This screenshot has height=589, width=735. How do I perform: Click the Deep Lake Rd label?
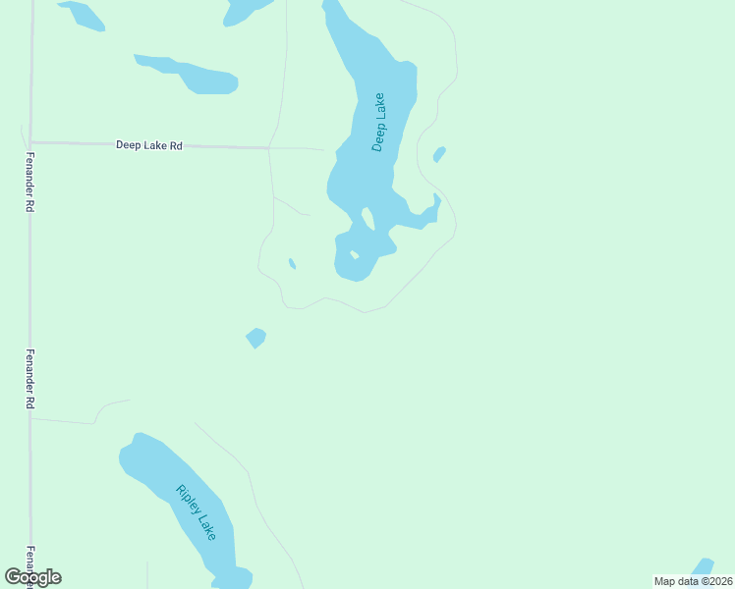click(149, 145)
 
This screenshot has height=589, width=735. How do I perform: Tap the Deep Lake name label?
click(379, 122)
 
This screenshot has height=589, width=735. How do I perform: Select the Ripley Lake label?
click(196, 512)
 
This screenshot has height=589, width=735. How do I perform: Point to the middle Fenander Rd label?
click(30, 378)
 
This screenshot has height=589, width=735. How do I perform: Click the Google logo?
click(33, 577)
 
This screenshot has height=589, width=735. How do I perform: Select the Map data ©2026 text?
click(693, 581)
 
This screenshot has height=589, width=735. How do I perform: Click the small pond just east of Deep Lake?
click(439, 154)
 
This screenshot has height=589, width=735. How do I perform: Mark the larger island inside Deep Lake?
click(367, 217)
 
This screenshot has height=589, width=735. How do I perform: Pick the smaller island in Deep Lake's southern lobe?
click(354, 255)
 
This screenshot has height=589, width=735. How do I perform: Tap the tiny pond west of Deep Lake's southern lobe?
click(292, 263)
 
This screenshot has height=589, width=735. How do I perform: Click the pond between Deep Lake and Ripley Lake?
click(255, 338)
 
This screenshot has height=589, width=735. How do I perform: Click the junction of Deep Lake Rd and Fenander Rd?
click(30, 142)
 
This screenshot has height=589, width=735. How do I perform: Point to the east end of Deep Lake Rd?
click(269, 148)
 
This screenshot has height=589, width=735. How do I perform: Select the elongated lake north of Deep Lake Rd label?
click(188, 75)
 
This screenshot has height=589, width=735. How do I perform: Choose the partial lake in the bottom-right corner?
click(702, 568)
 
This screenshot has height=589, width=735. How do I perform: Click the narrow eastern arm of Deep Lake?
click(428, 212)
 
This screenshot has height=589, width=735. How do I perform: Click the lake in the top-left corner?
click(83, 15)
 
